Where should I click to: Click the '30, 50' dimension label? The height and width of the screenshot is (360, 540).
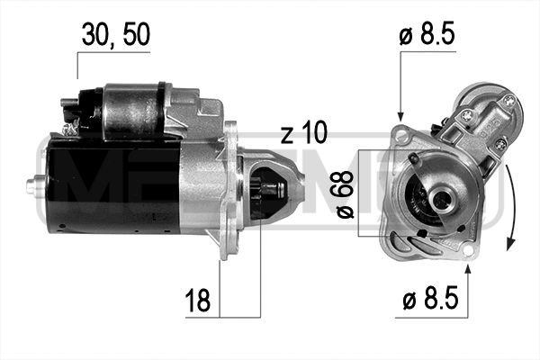point(115,35)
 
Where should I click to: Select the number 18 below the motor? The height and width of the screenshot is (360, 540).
point(201,301)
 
